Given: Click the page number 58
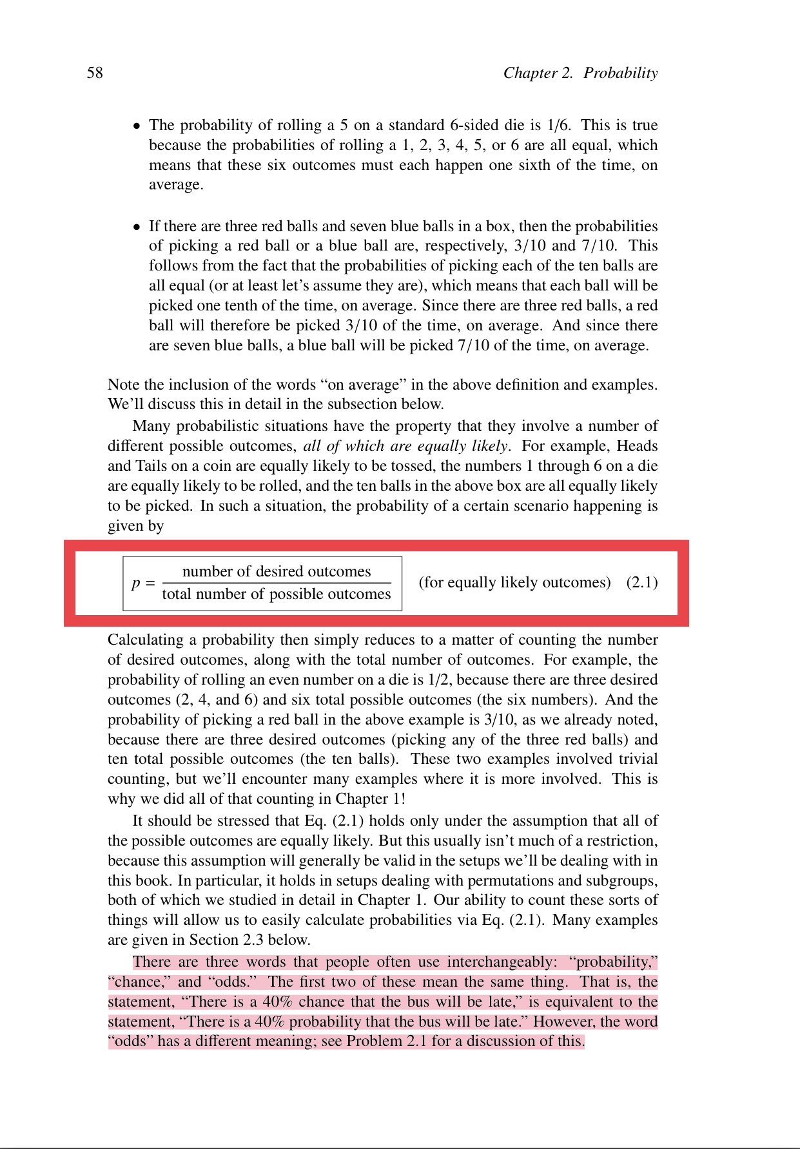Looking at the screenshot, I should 95,73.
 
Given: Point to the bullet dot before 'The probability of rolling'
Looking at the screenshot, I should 137,126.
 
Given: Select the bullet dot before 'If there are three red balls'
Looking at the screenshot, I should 137,227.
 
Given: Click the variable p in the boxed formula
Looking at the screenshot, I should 136,584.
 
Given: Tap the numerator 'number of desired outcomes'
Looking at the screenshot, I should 277,571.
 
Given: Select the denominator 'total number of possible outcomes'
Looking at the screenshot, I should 277,594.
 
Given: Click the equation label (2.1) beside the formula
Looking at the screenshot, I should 642,582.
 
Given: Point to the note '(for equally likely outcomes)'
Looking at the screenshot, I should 514,582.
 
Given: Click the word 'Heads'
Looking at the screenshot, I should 637,446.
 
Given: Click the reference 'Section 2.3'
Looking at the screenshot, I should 226,940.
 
